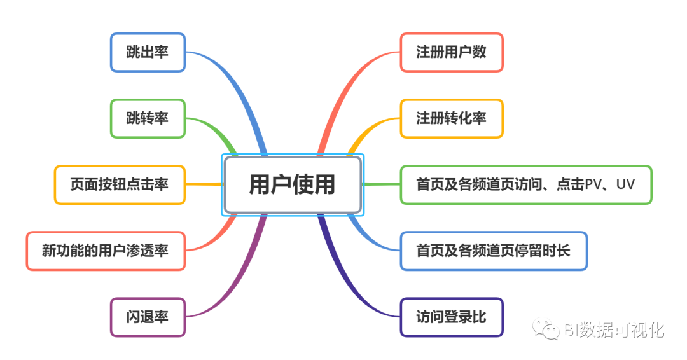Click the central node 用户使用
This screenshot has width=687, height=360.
293,184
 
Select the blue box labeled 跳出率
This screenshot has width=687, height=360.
148,52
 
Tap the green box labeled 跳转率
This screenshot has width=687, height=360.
148,118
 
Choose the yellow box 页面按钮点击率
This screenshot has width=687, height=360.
120,184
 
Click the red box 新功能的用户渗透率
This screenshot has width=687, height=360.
106,251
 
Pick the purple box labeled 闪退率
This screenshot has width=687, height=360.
148,317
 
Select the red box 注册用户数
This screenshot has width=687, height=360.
451,52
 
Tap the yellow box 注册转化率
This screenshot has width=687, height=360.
451,118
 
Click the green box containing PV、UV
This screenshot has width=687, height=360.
525,184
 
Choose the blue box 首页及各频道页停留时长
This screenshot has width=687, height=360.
493,251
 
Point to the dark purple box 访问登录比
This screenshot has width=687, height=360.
451,317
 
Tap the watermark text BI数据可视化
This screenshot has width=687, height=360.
614,329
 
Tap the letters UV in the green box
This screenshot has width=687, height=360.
626,184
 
